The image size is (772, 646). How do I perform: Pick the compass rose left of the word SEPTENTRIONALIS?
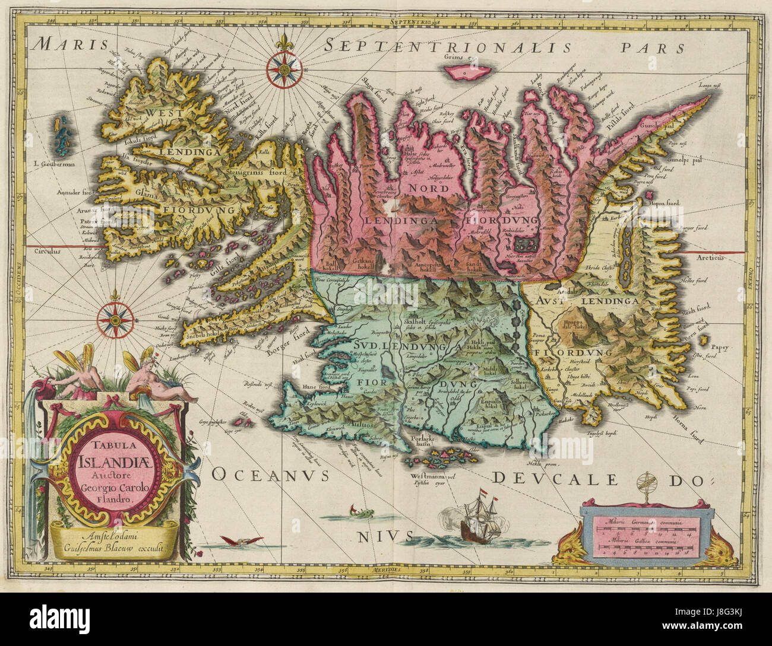click(x=281, y=66)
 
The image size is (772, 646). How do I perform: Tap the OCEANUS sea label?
click(x=265, y=474)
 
